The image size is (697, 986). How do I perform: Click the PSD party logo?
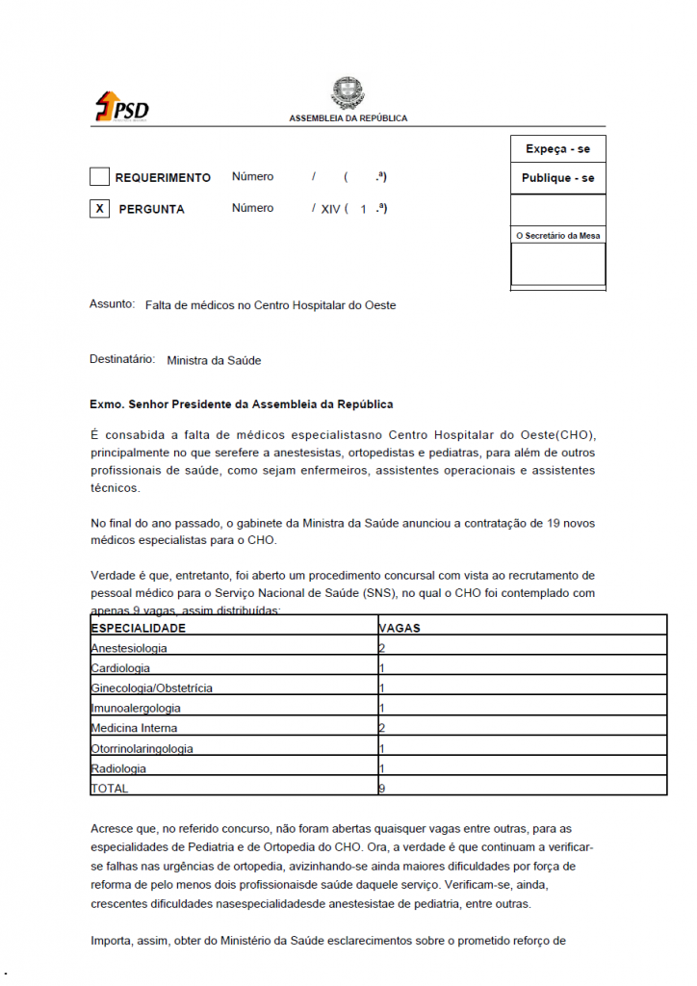(121, 107)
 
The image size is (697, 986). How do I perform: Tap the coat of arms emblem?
(348, 93)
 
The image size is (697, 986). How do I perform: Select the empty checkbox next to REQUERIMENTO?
(99, 177)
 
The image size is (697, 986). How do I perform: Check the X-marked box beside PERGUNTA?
(99, 208)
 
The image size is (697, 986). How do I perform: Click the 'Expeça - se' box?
(557, 149)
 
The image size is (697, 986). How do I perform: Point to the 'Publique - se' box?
(557, 178)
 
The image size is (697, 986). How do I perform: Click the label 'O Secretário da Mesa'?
(558, 235)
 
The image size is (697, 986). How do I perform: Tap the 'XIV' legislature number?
(330, 209)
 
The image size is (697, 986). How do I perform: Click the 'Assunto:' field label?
(112, 304)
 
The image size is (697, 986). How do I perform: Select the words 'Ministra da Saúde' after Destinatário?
(214, 361)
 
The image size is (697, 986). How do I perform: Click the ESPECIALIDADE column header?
(138, 628)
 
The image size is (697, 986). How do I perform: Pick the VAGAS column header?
(400, 628)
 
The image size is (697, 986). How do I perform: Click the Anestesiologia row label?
(129, 648)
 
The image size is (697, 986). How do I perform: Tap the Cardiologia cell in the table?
(120, 668)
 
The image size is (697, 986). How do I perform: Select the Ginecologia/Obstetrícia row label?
(151, 688)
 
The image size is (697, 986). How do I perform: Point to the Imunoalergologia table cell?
(136, 709)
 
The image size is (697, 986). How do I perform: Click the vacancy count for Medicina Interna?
(382, 728)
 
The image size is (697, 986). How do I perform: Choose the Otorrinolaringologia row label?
(142, 748)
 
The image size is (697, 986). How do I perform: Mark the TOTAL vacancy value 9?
(382, 789)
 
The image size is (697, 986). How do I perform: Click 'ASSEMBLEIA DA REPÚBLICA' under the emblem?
(348, 118)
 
